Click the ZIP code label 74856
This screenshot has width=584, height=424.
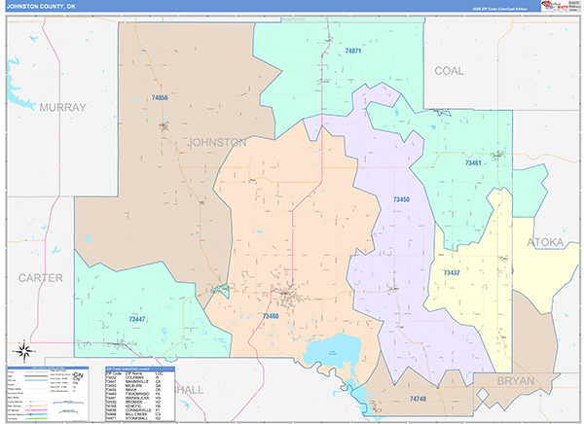(160, 98)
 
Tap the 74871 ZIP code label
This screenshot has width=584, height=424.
(352, 51)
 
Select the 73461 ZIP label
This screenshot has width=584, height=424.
(473, 162)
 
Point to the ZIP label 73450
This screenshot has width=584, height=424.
(401, 199)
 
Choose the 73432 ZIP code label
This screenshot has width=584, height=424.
(451, 273)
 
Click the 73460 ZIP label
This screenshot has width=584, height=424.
(271, 316)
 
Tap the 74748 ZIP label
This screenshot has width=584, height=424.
(419, 399)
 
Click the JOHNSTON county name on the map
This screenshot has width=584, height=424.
(216, 142)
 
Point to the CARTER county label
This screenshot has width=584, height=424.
(40, 278)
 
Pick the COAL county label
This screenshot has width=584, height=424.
(449, 71)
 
